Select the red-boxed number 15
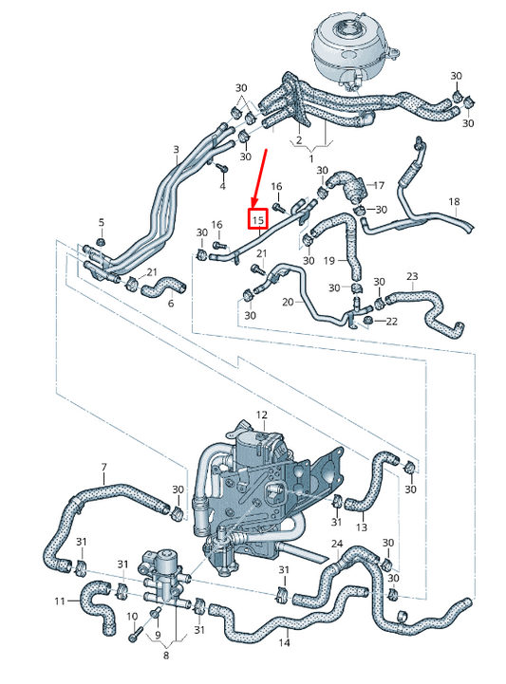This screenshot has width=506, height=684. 256,219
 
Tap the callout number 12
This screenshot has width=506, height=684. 262,416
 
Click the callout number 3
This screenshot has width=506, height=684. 176,150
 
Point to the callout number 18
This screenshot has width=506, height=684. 454,202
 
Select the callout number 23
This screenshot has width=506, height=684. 412,277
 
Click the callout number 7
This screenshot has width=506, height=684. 104,467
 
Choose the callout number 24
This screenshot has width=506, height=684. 337,544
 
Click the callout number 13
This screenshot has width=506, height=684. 362,527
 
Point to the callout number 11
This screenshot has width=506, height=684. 59,601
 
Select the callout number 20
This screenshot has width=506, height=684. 286,301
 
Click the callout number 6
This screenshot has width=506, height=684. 171,304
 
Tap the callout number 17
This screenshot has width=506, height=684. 378,185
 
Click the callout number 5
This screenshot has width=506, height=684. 102,222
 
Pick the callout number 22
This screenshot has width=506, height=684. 392,323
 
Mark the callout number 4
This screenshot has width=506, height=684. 222,188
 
